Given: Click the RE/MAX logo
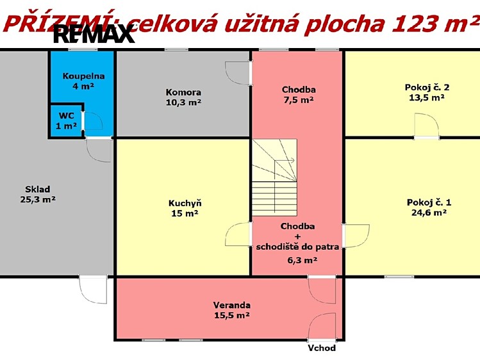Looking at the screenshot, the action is coord(94,34).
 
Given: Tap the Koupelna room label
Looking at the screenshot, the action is coord(83,81).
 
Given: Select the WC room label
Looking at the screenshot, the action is coord(66,121).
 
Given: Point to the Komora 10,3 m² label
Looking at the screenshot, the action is coord(183,97).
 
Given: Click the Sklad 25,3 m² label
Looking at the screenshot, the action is coord(38,194).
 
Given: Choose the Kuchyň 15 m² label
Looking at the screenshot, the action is coord(185,208).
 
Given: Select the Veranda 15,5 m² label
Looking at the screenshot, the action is coord(232,310).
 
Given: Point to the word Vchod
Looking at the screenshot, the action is coord(322,348).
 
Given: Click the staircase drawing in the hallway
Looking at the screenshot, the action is coord(274,177).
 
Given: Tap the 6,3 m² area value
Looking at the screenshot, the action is coord(302,260).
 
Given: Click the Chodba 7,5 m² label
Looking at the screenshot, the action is coord(299,95).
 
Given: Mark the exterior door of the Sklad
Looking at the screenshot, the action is coord(94,290).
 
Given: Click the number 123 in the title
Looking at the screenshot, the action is coord(413,24).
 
